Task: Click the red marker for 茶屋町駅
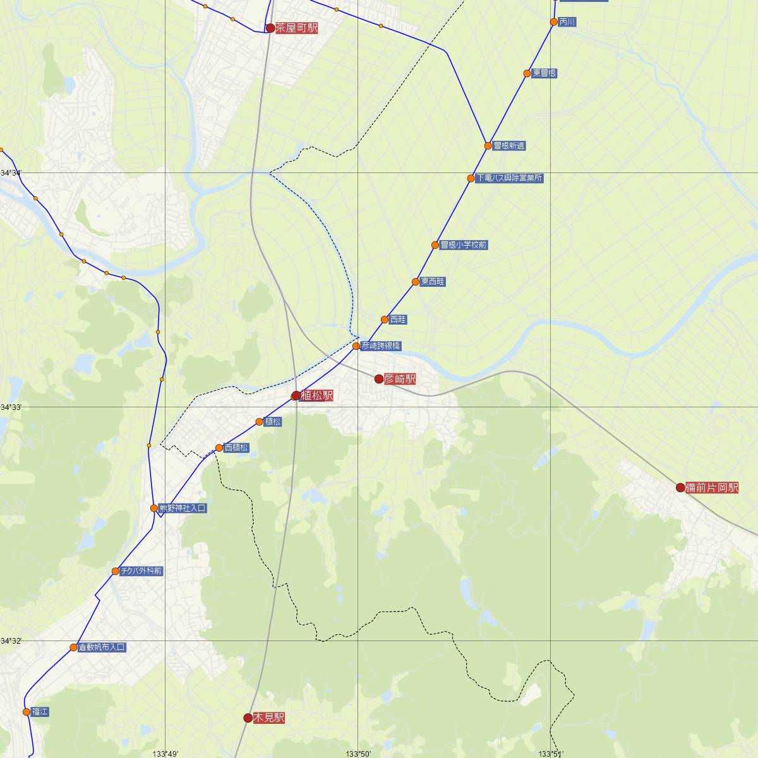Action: pos(270,28)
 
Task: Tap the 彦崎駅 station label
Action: pos(400,379)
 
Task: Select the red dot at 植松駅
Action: pos(296,396)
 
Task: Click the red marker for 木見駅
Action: pos(248,718)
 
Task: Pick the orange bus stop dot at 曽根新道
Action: pos(488,146)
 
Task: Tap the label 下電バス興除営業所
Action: pos(509,178)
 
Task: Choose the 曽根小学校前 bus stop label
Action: pos(464,245)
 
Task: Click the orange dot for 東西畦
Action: pos(416,282)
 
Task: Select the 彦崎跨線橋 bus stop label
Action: pos(380,346)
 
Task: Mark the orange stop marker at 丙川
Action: pos(554,22)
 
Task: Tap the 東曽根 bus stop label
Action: pos(544,73)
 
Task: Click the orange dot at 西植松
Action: pos(219,448)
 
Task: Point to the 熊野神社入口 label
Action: pos(182,508)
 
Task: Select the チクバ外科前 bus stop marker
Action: pos(116,571)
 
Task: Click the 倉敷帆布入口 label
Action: pos(102,647)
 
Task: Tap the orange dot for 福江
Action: pos(27,712)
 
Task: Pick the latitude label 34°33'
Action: pos(11,407)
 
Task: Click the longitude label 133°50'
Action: pos(358,753)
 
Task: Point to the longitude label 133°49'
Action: pos(165,753)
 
